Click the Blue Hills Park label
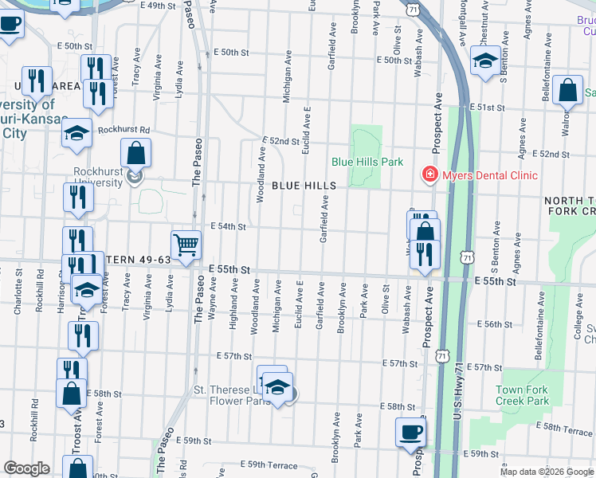(x=367, y=162)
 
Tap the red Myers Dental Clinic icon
(x=429, y=174)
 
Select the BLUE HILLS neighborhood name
(x=304, y=186)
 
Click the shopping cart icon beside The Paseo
(x=186, y=244)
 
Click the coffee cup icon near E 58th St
(x=410, y=432)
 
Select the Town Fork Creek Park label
(x=522, y=395)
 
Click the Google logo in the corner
(x=26, y=468)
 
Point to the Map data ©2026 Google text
(x=547, y=472)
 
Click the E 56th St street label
(x=494, y=324)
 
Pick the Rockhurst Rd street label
(x=124, y=129)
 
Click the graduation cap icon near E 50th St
(x=485, y=61)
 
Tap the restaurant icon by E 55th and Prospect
(x=424, y=254)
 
